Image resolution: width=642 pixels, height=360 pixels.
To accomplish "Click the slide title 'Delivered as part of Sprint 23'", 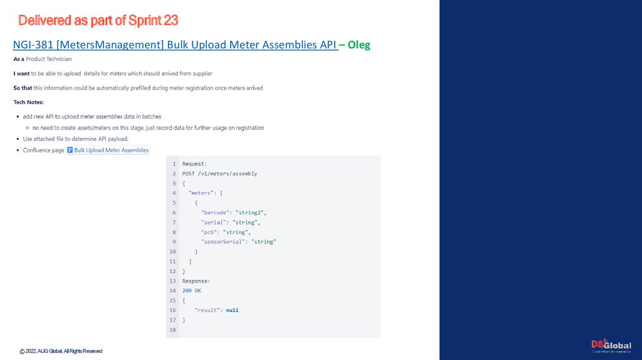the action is coord(98,21).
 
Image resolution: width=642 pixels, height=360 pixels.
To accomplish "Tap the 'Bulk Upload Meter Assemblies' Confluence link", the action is coord(111,151).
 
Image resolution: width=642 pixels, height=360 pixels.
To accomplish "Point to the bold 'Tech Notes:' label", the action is coord(28,102).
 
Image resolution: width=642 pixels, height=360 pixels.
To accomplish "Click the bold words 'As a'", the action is coord(19,59).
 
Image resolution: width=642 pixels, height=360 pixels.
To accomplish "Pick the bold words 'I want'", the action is coord(21,73).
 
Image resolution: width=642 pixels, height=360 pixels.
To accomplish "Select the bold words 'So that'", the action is coord(23,88).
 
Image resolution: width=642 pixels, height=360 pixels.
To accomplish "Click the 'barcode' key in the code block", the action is coord(214,213).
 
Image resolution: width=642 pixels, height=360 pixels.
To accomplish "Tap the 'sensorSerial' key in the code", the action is coord(223,241).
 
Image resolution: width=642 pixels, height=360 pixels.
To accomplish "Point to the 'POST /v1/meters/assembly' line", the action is coord(219,173).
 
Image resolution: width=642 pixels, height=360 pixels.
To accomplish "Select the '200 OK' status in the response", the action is coord(191,291).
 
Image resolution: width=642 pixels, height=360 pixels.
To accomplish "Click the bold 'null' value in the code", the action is coord(232,310).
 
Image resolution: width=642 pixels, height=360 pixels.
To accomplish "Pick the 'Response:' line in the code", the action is coord(196,281).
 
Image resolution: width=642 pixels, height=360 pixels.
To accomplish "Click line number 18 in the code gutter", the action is coord(172,330).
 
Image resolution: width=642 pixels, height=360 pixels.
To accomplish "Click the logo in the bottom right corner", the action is coord(611,346).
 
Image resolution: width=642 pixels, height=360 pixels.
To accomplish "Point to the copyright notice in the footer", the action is coord(61,351).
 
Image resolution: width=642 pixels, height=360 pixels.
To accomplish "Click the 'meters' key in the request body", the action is coord(201,193).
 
